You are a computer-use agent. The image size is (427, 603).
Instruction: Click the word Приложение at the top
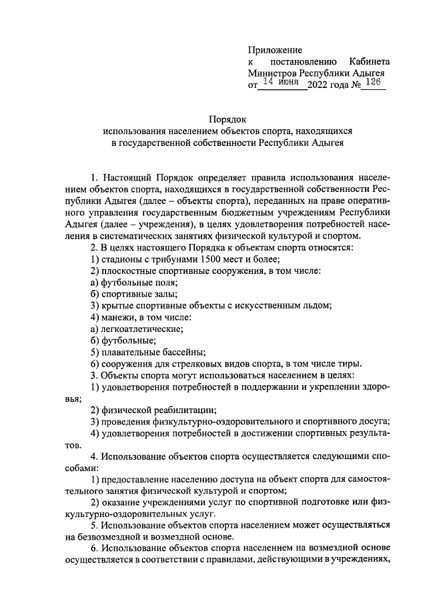(x=275, y=50)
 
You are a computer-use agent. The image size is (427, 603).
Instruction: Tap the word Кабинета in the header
(x=367, y=61)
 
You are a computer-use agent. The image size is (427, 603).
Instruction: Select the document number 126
(x=374, y=82)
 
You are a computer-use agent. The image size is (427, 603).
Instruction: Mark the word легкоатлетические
(x=141, y=328)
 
